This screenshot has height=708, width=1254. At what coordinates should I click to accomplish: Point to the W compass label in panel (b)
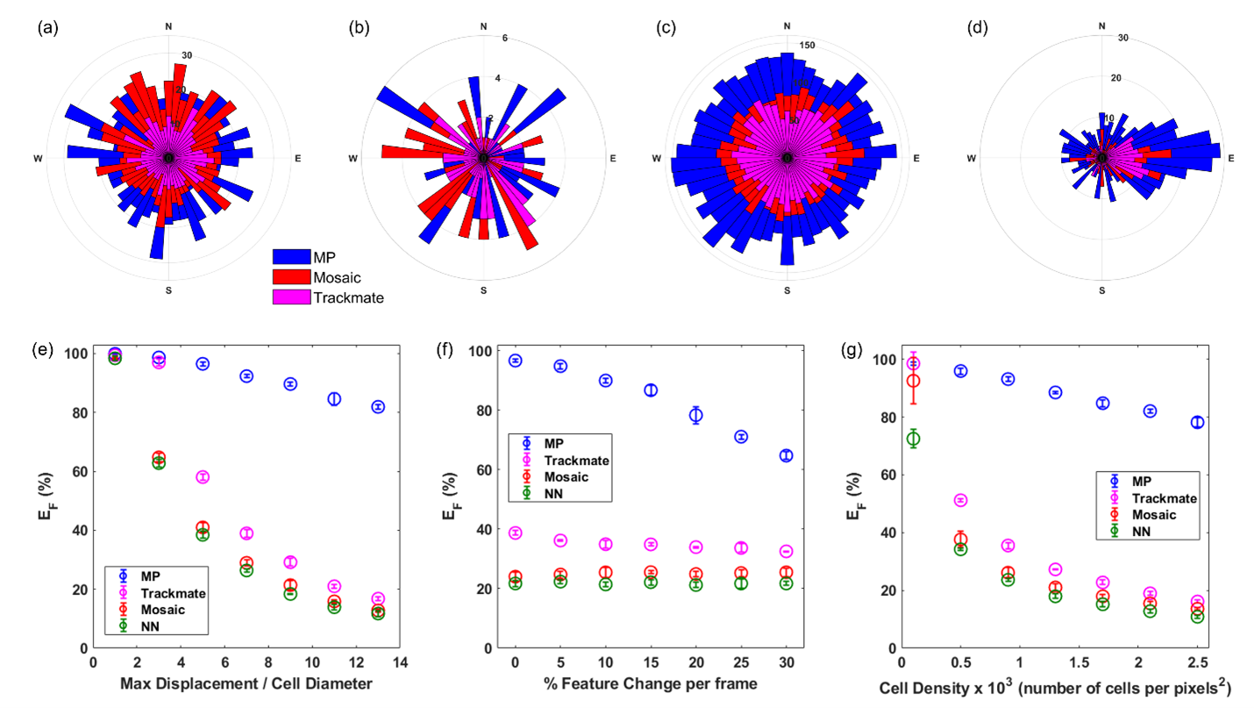pos(353,159)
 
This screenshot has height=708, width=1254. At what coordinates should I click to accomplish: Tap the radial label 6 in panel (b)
pos(504,39)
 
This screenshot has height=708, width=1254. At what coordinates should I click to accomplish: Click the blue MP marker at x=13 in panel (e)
pos(378,406)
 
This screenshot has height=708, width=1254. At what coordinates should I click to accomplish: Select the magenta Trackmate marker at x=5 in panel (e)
pos(203,477)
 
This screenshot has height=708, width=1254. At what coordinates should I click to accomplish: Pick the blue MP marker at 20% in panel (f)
pos(695,416)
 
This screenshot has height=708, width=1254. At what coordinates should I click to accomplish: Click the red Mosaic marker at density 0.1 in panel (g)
pos(913,381)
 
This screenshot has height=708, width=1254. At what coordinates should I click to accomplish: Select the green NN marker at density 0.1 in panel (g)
pos(913,439)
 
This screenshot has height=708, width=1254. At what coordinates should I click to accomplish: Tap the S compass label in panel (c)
pos(787,290)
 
